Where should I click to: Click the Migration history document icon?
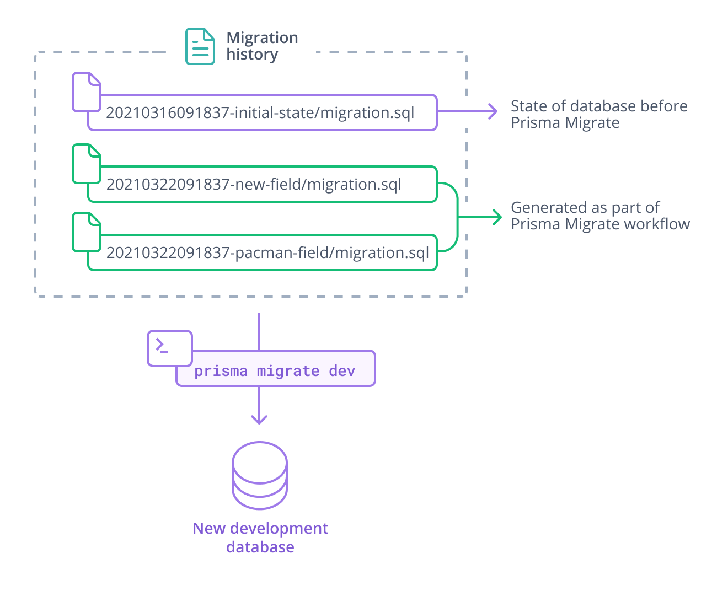pyautogui.click(x=200, y=46)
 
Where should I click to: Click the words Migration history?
pyautogui.click(x=261, y=46)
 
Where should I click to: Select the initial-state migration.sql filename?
pyautogui.click(x=260, y=113)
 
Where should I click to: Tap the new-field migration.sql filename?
pyautogui.click(x=253, y=184)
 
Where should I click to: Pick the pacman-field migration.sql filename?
pyautogui.click(x=267, y=253)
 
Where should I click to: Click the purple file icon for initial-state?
pyautogui.click(x=87, y=92)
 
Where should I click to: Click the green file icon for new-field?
pyautogui.click(x=87, y=164)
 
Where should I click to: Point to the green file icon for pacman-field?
pyautogui.click(x=87, y=233)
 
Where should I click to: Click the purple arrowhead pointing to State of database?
pyautogui.click(x=493, y=111)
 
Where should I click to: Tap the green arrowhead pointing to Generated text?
pyautogui.click(x=497, y=217)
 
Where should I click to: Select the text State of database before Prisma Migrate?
pyautogui.click(x=598, y=114)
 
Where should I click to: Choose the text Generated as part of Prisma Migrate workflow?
pyautogui.click(x=599, y=216)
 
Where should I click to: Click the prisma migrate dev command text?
pyautogui.click(x=275, y=371)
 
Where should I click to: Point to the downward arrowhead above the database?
pyautogui.click(x=259, y=419)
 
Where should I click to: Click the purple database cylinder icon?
pyautogui.click(x=259, y=475)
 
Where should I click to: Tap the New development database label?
pyautogui.click(x=260, y=538)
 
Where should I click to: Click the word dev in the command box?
pyautogui.click(x=342, y=371)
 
